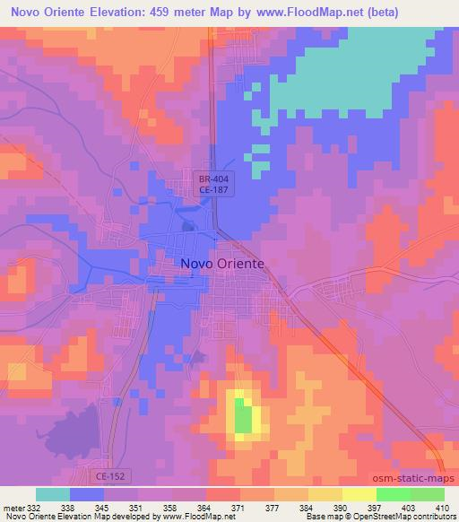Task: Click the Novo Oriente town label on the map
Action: pos(222,264)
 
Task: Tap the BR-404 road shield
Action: pos(216,178)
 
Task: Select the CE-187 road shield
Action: pos(216,190)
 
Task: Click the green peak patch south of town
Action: pos(242,417)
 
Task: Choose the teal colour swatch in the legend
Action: pos(53,494)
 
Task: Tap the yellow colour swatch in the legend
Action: pos(359,494)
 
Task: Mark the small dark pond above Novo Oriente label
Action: pos(188,226)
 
